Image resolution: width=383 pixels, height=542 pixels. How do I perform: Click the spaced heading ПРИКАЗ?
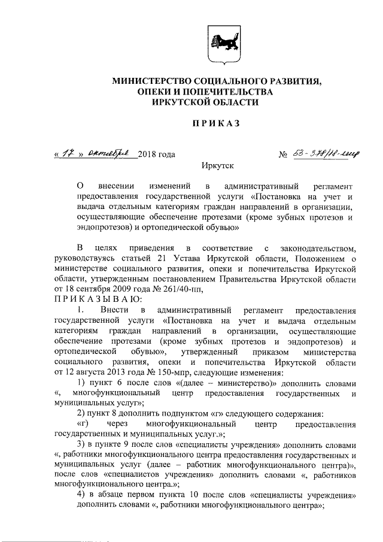(x=216, y=124)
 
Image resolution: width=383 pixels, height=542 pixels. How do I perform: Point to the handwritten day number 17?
(x=67, y=154)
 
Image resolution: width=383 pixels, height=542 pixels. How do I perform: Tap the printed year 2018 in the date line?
(x=147, y=155)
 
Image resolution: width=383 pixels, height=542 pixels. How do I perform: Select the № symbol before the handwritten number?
(x=284, y=155)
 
